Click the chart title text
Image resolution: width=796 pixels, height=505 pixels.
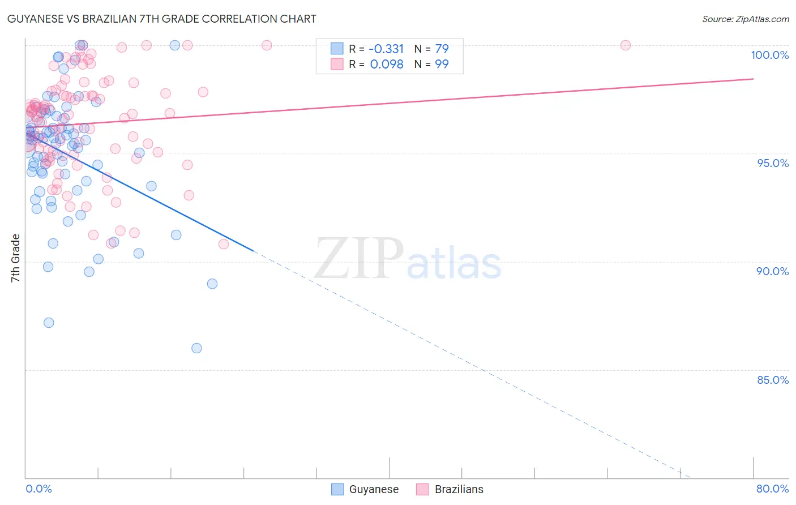pyautogui.click(x=162, y=19)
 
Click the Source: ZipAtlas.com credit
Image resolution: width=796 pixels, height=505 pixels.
pyautogui.click(x=745, y=19)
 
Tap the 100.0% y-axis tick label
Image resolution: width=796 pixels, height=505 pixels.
pyautogui.click(x=769, y=55)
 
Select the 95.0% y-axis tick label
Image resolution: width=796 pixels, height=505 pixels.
pyautogui.click(x=773, y=163)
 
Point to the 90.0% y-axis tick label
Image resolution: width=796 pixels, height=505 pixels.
pyautogui.click(x=772, y=271)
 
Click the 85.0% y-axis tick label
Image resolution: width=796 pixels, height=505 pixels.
pyautogui.click(x=773, y=380)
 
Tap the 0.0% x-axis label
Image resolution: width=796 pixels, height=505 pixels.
pyautogui.click(x=38, y=489)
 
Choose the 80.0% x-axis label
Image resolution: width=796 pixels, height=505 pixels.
pyautogui.click(x=772, y=489)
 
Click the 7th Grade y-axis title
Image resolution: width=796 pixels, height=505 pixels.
pyautogui.click(x=15, y=258)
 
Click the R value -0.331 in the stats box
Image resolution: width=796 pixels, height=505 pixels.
pyautogui.click(x=387, y=49)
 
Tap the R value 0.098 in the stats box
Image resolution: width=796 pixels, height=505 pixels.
pyautogui.click(x=387, y=64)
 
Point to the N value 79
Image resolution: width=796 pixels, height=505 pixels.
pyautogui.click(x=442, y=49)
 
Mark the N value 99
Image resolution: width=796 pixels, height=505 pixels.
pyautogui.click(x=442, y=64)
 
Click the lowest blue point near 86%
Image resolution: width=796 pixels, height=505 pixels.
pyautogui.click(x=196, y=348)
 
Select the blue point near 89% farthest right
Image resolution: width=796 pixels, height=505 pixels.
pyautogui.click(x=212, y=284)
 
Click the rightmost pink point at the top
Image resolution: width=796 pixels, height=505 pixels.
pyautogui.click(x=626, y=45)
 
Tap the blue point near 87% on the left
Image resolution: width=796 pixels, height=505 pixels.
pyautogui.click(x=49, y=323)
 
